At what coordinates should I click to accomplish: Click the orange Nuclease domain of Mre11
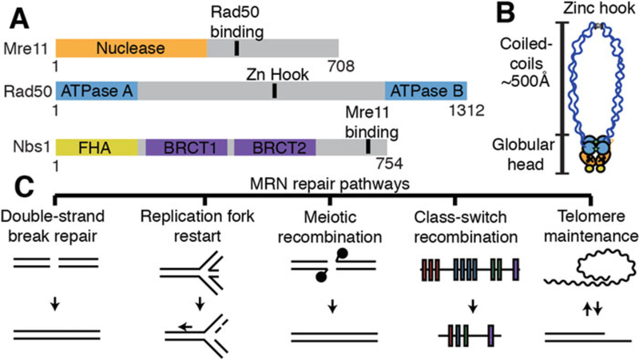click(131, 49)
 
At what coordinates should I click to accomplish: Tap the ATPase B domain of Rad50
click(426, 90)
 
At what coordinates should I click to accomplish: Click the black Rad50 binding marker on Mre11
click(236, 49)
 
